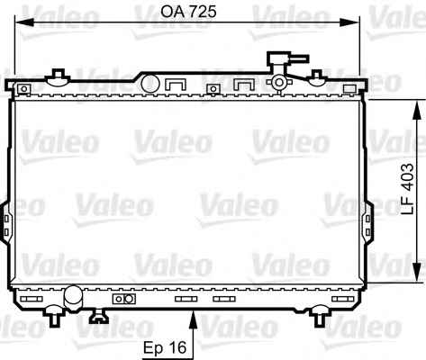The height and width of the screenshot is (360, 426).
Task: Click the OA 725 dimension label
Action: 188,13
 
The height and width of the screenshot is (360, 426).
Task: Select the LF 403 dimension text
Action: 408,189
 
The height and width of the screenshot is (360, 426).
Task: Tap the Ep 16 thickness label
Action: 165,347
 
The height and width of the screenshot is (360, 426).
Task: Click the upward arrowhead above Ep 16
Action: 194,319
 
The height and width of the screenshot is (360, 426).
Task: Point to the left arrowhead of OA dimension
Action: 24,22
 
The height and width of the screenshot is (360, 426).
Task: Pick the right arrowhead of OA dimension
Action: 349,22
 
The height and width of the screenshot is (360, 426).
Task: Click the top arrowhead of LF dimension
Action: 416,110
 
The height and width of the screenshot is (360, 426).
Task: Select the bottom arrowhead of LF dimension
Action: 416,272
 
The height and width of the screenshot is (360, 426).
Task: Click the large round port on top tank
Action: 150,84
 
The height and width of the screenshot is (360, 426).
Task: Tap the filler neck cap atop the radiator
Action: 287,59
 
